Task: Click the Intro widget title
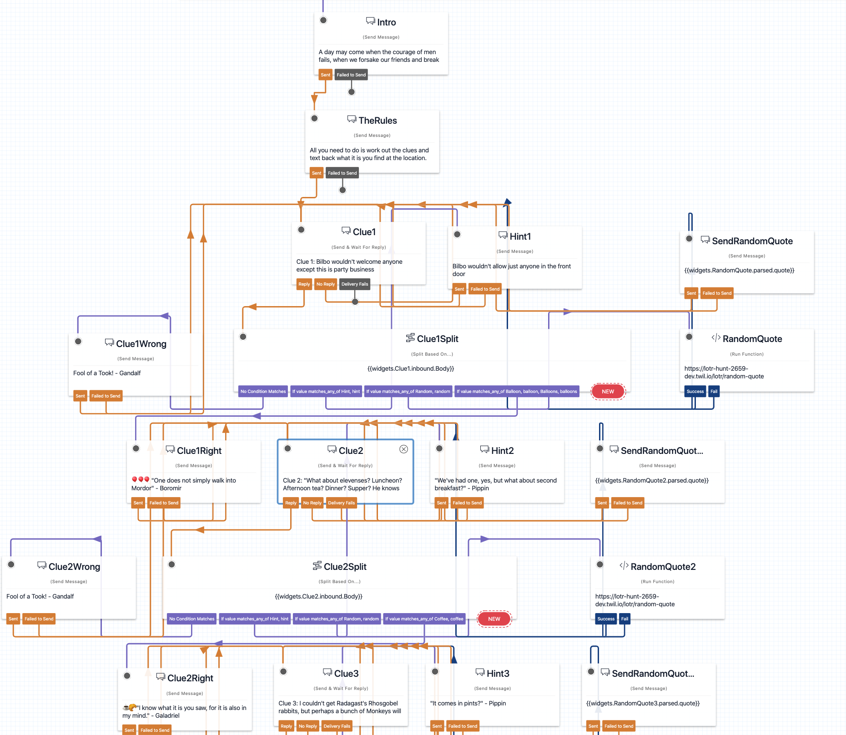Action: pyautogui.click(x=386, y=22)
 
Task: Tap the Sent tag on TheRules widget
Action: pyautogui.click(x=317, y=173)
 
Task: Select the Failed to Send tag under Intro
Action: pyautogui.click(x=351, y=75)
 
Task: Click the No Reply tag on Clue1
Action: pyautogui.click(x=325, y=284)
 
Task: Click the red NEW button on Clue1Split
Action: pyautogui.click(x=608, y=392)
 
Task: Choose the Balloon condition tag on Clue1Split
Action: pyautogui.click(x=516, y=392)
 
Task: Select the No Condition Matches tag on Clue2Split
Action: pyautogui.click(x=191, y=619)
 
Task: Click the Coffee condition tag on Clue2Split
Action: pyautogui.click(x=424, y=619)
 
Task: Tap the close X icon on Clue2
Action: pyautogui.click(x=403, y=449)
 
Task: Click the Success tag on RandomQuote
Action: pyautogui.click(x=695, y=392)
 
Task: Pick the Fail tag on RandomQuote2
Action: pyautogui.click(x=624, y=619)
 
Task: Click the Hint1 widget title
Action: pyautogui.click(x=520, y=237)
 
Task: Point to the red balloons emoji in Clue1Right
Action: pyautogui.click(x=141, y=479)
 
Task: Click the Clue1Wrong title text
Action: pyautogui.click(x=141, y=344)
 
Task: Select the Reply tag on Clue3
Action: pyautogui.click(x=286, y=726)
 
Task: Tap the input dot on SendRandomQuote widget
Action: pyautogui.click(x=689, y=239)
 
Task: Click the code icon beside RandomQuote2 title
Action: pyautogui.click(x=624, y=566)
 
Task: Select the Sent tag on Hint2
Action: pyautogui.click(x=441, y=503)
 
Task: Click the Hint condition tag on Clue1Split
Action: pyautogui.click(x=326, y=392)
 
